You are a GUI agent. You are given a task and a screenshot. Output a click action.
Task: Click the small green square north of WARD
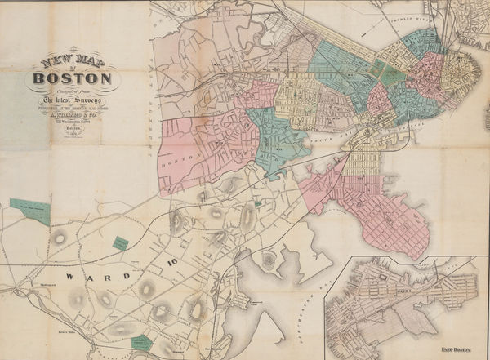click(120, 243)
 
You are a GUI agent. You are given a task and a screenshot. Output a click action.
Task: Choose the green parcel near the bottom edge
click(140, 342)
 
